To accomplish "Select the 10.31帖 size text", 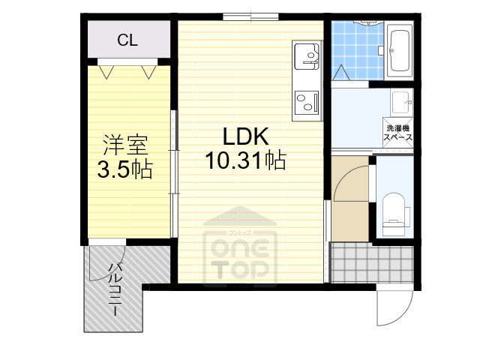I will coord(244,160).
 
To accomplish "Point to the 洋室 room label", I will coord(124,145).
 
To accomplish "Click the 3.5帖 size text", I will coord(124,169).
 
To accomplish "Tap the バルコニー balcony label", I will coord(115,289).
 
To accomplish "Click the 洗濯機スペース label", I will coord(397,132).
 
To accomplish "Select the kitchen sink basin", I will coord(306,54).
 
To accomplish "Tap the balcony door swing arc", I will coord(105,262).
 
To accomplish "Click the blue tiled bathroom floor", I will coord(356,49).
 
